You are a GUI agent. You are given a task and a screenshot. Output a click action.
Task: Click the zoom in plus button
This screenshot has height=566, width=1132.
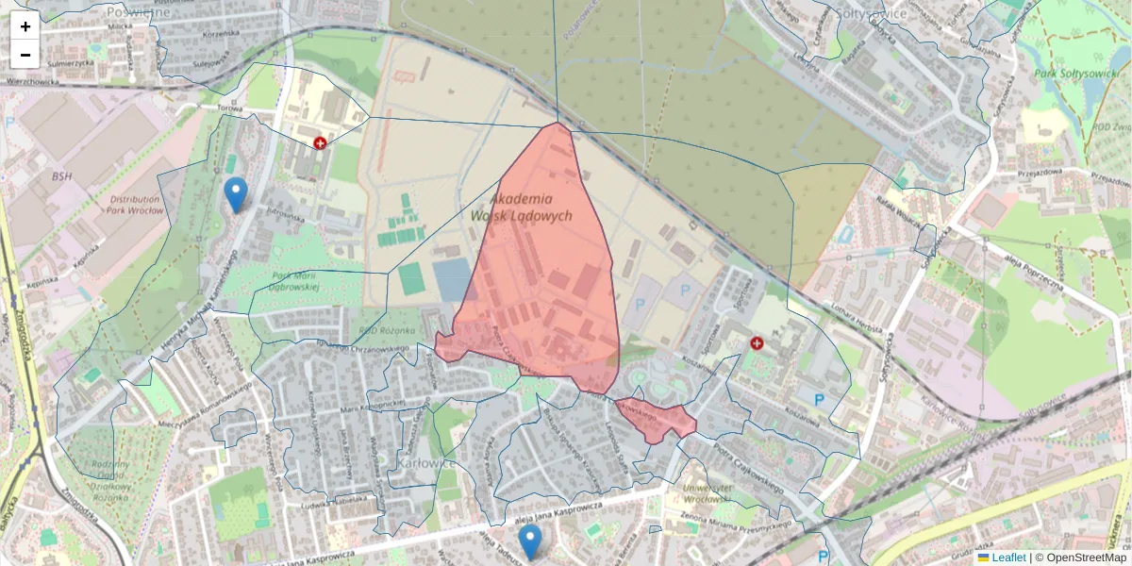(25, 26)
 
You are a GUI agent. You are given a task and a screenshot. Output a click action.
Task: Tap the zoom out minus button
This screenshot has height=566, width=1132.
(25, 55)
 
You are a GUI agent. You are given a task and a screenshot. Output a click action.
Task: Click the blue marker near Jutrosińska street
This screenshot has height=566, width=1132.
(236, 195)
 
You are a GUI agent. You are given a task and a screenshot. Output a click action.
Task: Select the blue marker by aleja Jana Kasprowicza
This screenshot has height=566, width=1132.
(531, 541)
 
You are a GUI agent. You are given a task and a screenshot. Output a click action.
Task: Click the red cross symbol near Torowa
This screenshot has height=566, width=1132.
(321, 142)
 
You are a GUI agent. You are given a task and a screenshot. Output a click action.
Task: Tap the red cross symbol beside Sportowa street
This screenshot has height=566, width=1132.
(757, 343)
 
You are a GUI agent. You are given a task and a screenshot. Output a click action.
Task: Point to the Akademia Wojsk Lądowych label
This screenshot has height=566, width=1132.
(532, 208)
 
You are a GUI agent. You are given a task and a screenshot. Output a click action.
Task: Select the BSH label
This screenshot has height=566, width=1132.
(62, 176)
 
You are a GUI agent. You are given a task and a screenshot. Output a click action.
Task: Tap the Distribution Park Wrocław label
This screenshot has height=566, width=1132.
(136, 205)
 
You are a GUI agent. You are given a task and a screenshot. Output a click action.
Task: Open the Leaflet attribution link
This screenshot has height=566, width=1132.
(1008, 558)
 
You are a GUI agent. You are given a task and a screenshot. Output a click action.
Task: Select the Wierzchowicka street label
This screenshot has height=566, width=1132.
(32, 82)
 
